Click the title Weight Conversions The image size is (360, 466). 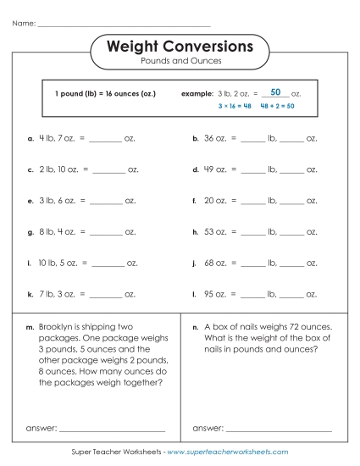(180, 46)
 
